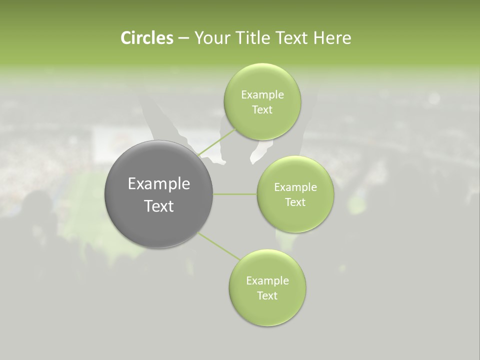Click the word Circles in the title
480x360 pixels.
click(x=146, y=38)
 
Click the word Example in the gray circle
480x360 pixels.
click(x=158, y=184)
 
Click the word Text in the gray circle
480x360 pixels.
click(x=158, y=206)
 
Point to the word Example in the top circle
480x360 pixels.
click(x=262, y=95)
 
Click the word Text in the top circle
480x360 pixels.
click(x=262, y=110)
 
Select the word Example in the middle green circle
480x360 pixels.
click(x=295, y=187)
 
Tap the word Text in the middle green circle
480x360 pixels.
click(x=295, y=202)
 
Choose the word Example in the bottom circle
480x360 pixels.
click(x=267, y=281)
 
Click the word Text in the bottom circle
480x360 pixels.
click(x=267, y=296)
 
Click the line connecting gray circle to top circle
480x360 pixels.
click(x=217, y=142)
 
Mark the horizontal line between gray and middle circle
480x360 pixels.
click(x=234, y=194)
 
